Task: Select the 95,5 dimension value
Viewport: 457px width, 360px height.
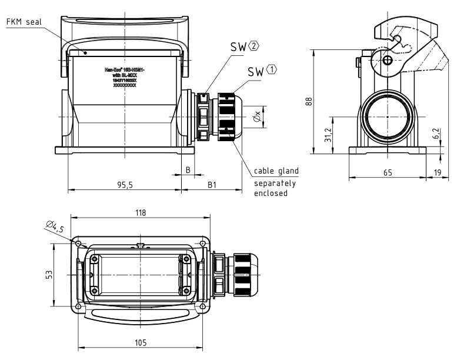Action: coord(125,184)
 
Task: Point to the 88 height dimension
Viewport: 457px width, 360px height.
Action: coord(307,101)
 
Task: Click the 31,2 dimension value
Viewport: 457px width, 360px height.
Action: coord(330,135)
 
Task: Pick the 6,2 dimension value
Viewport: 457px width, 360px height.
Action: coord(435,134)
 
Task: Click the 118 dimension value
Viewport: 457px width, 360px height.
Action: coord(140,212)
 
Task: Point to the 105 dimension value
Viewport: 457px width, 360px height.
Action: coord(140,342)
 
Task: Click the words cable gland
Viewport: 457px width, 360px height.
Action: coord(276,171)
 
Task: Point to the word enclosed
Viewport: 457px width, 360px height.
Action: coord(271,193)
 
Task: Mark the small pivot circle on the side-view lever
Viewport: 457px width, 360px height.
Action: coord(387,61)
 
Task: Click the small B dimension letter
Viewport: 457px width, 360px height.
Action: coord(188,169)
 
